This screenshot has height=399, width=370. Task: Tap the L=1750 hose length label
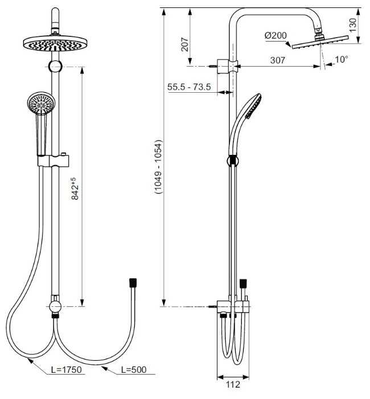pyautogui.click(x=67, y=370)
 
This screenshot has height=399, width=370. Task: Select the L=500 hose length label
pyautogui.click(x=134, y=370)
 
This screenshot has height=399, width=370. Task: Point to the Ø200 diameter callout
pyautogui.click(x=276, y=35)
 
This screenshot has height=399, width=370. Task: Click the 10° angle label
pyautogui.click(x=341, y=59)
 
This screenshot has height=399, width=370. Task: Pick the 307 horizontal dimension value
pyautogui.click(x=278, y=59)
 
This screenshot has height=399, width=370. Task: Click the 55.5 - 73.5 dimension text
pyautogui.click(x=190, y=87)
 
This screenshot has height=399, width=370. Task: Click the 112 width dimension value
pyautogui.click(x=233, y=385)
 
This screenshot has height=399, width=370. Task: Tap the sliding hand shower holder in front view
pyautogui.click(x=55, y=161)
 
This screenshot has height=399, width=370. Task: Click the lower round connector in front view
pyautogui.click(x=55, y=307)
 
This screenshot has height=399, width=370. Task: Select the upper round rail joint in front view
pyautogui.click(x=55, y=67)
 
